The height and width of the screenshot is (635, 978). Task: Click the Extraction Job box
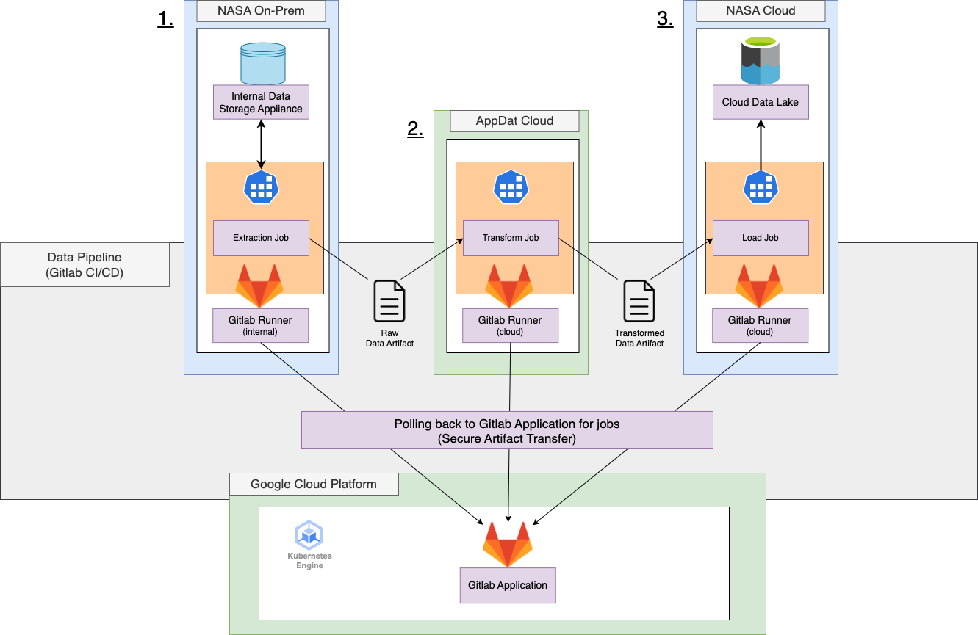(261, 238)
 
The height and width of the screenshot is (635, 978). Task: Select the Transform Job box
(511, 238)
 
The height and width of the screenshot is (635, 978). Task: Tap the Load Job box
(761, 238)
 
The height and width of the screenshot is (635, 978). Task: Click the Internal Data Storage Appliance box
(261, 102)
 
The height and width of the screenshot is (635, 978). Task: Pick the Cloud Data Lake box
(761, 102)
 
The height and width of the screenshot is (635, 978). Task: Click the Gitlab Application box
(508, 585)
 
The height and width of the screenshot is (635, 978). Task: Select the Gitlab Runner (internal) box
(260, 325)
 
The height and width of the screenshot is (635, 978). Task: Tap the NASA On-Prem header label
(261, 11)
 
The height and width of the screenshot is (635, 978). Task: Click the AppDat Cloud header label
(514, 120)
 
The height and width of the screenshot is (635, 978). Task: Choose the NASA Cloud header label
(761, 11)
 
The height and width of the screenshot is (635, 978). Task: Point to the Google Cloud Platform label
(314, 484)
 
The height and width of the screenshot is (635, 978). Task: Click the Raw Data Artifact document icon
(389, 301)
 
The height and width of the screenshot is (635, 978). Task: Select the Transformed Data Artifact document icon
(639, 301)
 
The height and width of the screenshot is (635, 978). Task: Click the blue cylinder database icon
(262, 63)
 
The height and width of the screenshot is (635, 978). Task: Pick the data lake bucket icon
(760, 61)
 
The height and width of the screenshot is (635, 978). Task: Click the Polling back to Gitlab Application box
(507, 430)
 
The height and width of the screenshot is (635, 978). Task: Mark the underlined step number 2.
(415, 129)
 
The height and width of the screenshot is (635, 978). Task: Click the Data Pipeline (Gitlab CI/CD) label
(85, 264)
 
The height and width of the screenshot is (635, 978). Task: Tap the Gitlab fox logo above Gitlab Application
(507, 544)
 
